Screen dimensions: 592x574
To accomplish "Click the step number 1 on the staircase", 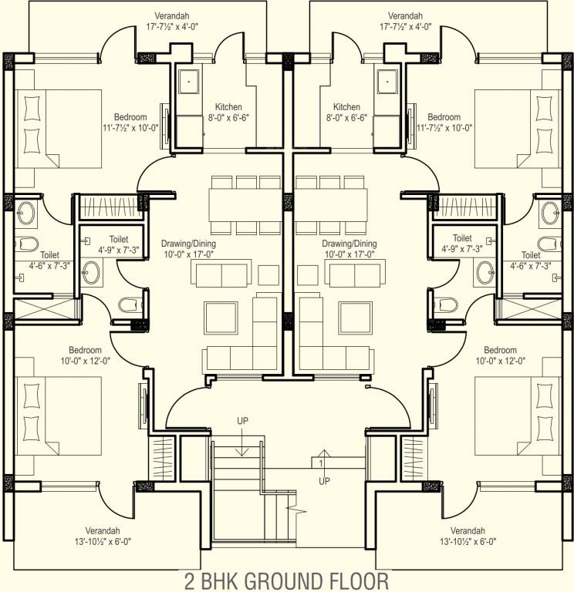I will [321, 463].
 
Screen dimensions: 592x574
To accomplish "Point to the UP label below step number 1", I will [324, 480].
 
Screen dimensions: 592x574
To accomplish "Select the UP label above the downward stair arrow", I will [242, 421].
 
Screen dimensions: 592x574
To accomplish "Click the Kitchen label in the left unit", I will [228, 107].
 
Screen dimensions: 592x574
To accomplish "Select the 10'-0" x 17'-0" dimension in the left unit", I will [187, 254].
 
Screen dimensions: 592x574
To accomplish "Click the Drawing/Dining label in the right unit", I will [349, 243].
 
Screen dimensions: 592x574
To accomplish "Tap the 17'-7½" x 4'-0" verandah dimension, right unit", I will [405, 26].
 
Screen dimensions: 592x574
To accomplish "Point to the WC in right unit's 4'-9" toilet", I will [446, 301].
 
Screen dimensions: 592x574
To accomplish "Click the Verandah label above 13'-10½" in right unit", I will [468, 531].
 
